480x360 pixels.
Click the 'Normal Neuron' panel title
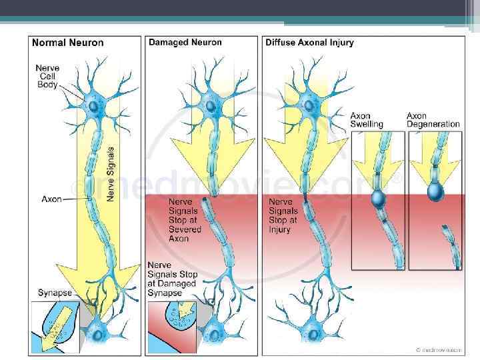(68, 43)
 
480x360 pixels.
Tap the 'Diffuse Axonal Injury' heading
(309, 43)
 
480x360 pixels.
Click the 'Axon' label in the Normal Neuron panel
(52, 199)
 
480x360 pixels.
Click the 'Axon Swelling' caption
(367, 120)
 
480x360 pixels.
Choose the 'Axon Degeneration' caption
(433, 120)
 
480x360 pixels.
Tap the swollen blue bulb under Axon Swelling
(378, 199)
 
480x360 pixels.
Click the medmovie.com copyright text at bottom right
(437, 349)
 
